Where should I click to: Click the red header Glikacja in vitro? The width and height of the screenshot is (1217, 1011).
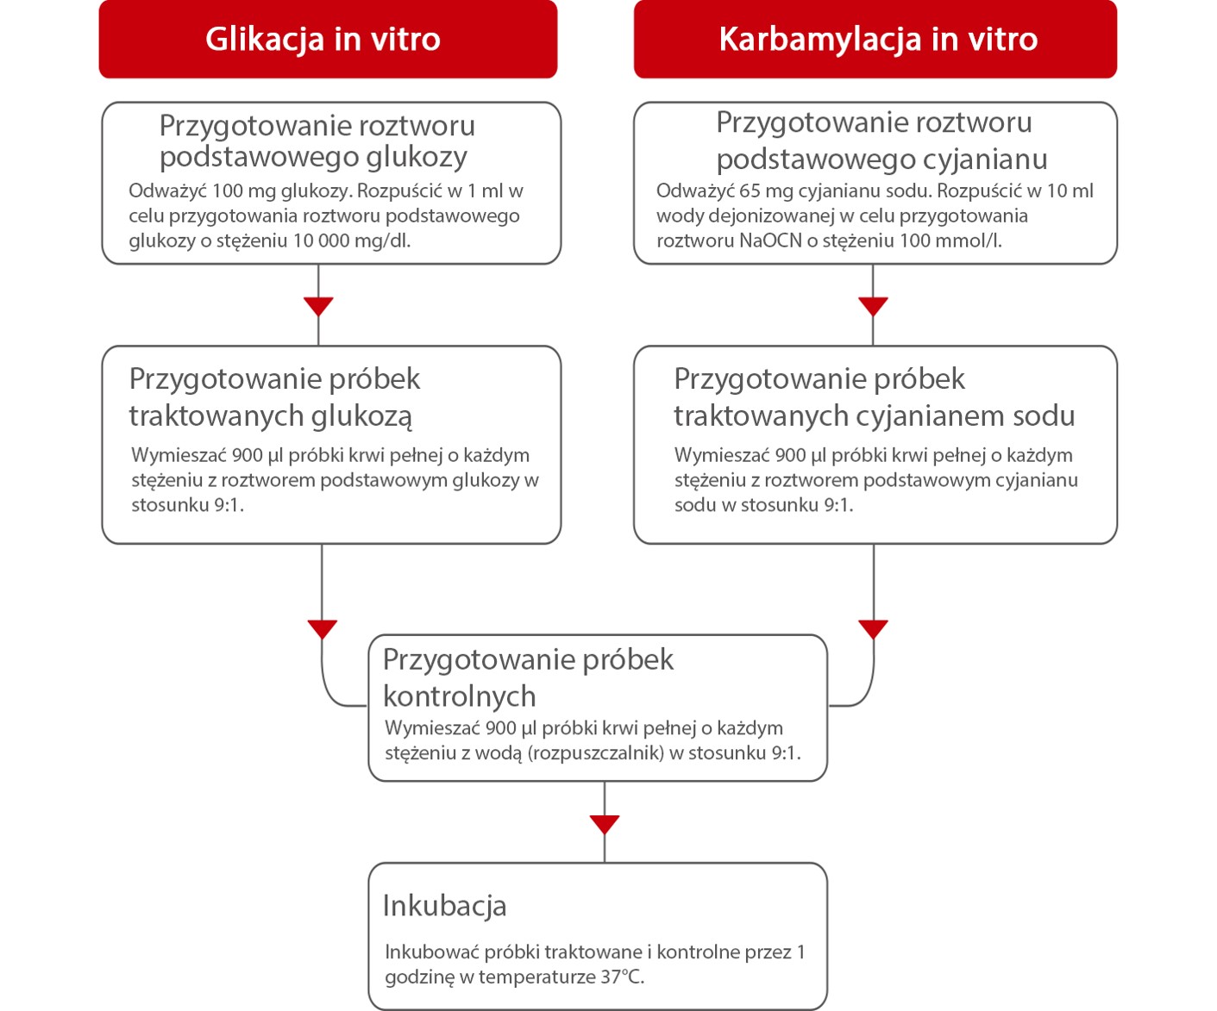tap(323, 40)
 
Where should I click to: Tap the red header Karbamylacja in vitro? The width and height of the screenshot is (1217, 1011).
tap(877, 40)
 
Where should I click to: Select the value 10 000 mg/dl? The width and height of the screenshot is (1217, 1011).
tap(351, 240)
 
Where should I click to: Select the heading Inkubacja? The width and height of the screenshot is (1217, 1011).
tap(444, 906)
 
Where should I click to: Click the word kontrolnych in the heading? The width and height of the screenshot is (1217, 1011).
tap(459, 696)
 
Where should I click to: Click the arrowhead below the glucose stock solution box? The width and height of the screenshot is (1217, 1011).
tap(319, 306)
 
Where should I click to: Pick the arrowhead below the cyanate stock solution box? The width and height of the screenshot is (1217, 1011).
tap(873, 306)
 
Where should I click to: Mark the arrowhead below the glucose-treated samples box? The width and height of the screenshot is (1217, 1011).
tap(322, 629)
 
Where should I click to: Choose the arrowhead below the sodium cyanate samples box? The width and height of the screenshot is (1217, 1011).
tap(874, 629)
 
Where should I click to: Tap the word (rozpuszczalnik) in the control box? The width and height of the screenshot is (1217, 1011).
tap(596, 753)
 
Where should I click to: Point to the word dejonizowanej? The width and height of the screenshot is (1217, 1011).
tap(750, 215)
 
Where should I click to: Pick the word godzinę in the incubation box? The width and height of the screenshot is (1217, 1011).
tap(419, 977)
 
